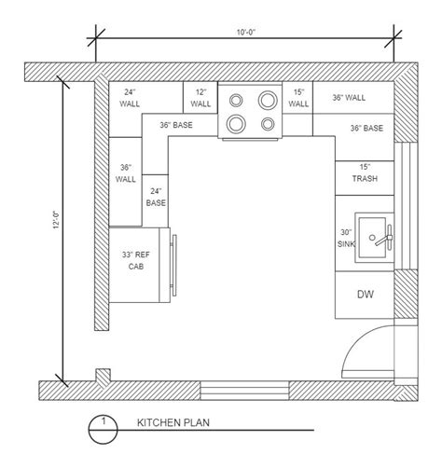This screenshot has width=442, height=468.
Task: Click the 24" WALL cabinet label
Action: [x=130, y=98]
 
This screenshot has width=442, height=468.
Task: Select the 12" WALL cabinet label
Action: [x=201, y=98]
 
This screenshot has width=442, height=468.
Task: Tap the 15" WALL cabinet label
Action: [x=298, y=98]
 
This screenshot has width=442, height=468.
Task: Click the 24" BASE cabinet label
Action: [x=156, y=196]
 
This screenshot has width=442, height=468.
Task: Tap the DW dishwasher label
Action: [x=366, y=295]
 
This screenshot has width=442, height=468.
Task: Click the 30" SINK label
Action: [x=346, y=238]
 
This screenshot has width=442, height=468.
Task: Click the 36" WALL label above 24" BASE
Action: [x=128, y=173]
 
